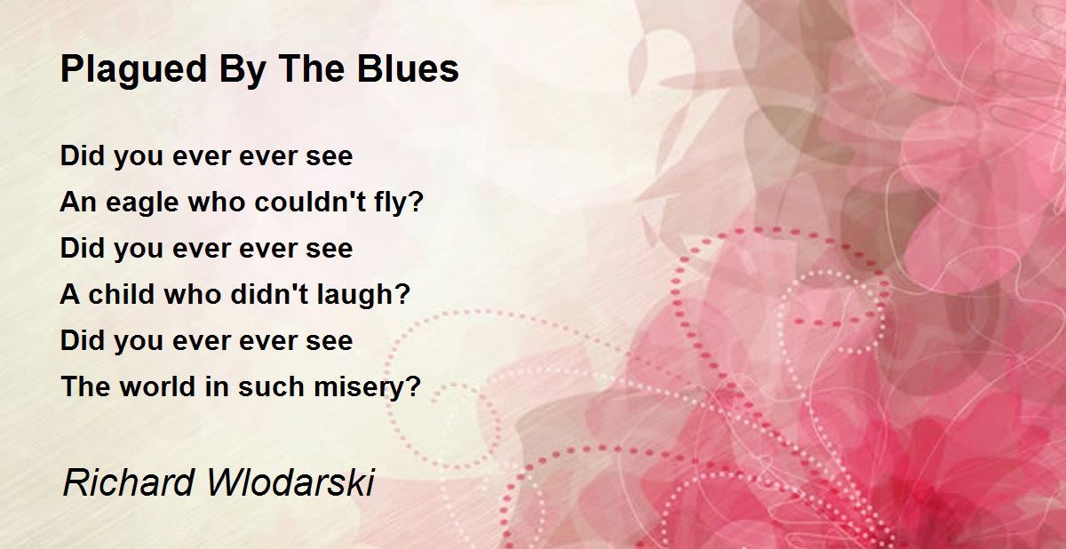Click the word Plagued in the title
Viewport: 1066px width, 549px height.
point(134,70)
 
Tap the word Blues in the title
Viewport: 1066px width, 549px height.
point(408,68)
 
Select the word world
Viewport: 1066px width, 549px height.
point(157,386)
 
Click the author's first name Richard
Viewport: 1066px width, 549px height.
point(129,482)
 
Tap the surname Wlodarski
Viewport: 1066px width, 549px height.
point(290,482)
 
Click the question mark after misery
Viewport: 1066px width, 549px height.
point(415,386)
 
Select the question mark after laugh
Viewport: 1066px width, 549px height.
point(402,294)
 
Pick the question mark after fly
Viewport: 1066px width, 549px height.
point(416,202)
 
